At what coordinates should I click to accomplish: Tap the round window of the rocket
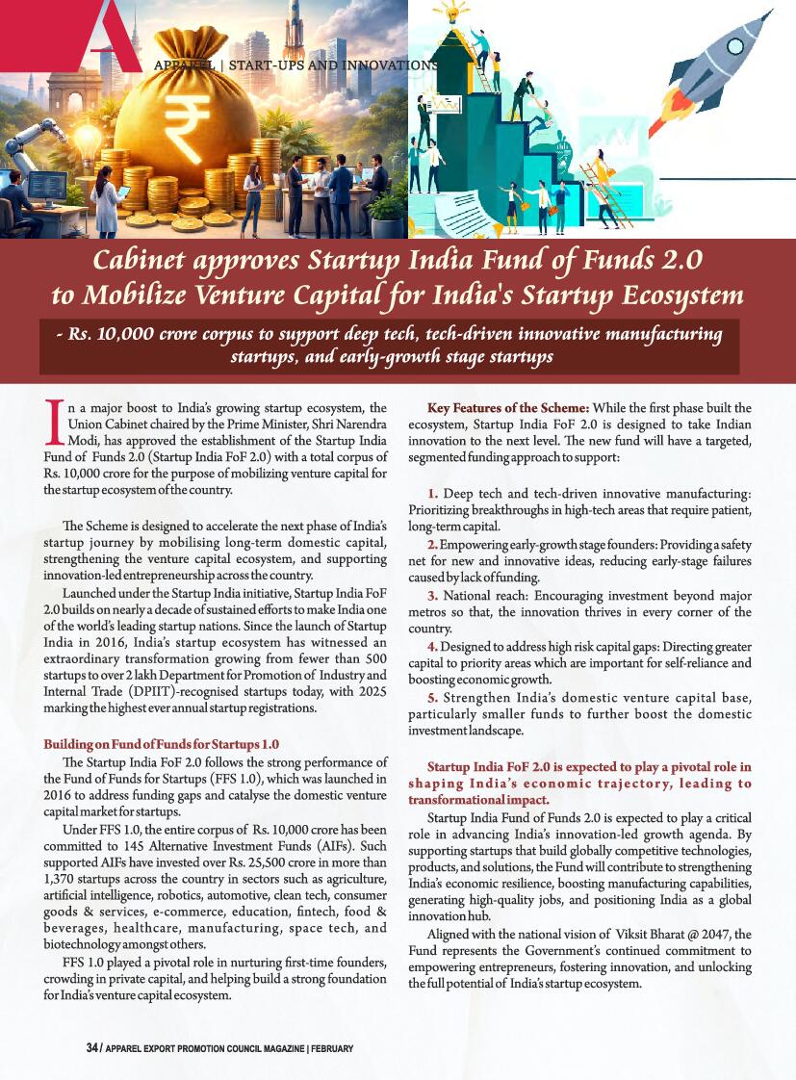click(x=735, y=46)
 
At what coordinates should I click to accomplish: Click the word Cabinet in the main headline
click(x=142, y=260)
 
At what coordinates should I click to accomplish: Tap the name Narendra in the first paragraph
click(x=356, y=424)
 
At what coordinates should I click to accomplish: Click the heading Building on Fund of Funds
click(x=162, y=744)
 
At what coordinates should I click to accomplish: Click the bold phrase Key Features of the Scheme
click(x=500, y=408)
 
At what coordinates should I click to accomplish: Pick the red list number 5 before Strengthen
click(x=433, y=698)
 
